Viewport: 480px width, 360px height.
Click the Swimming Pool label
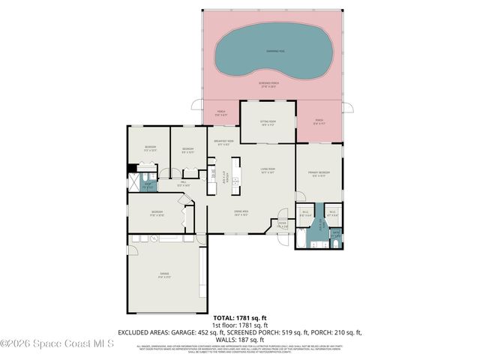(275, 51)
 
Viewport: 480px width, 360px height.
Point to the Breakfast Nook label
(223, 142)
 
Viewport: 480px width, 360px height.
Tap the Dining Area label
(241, 213)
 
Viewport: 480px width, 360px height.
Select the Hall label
(182, 184)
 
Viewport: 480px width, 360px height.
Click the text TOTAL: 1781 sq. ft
(240, 318)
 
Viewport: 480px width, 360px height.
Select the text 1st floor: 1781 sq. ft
(240, 325)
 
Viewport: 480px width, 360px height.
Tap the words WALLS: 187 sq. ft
(240, 338)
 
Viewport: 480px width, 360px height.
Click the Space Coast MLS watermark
(57, 344)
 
